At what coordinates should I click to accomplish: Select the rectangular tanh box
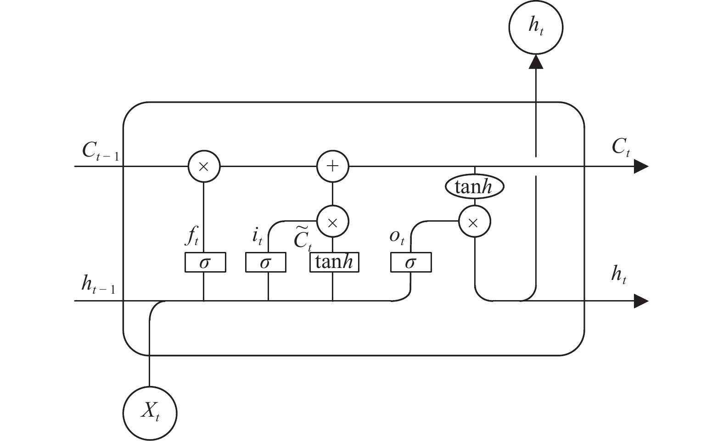tap(334, 262)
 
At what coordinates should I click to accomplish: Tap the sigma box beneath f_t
tap(205, 262)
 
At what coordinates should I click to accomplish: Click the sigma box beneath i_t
tap(266, 262)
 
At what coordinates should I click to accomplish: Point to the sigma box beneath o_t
tap(411, 262)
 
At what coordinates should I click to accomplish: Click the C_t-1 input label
tap(101, 151)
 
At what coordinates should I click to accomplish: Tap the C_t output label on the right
tap(621, 147)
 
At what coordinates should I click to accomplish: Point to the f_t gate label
tap(192, 235)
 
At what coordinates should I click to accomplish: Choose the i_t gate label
tap(257, 236)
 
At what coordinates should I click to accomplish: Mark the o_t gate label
tap(397, 238)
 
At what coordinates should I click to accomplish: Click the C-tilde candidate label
tap(303, 239)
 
